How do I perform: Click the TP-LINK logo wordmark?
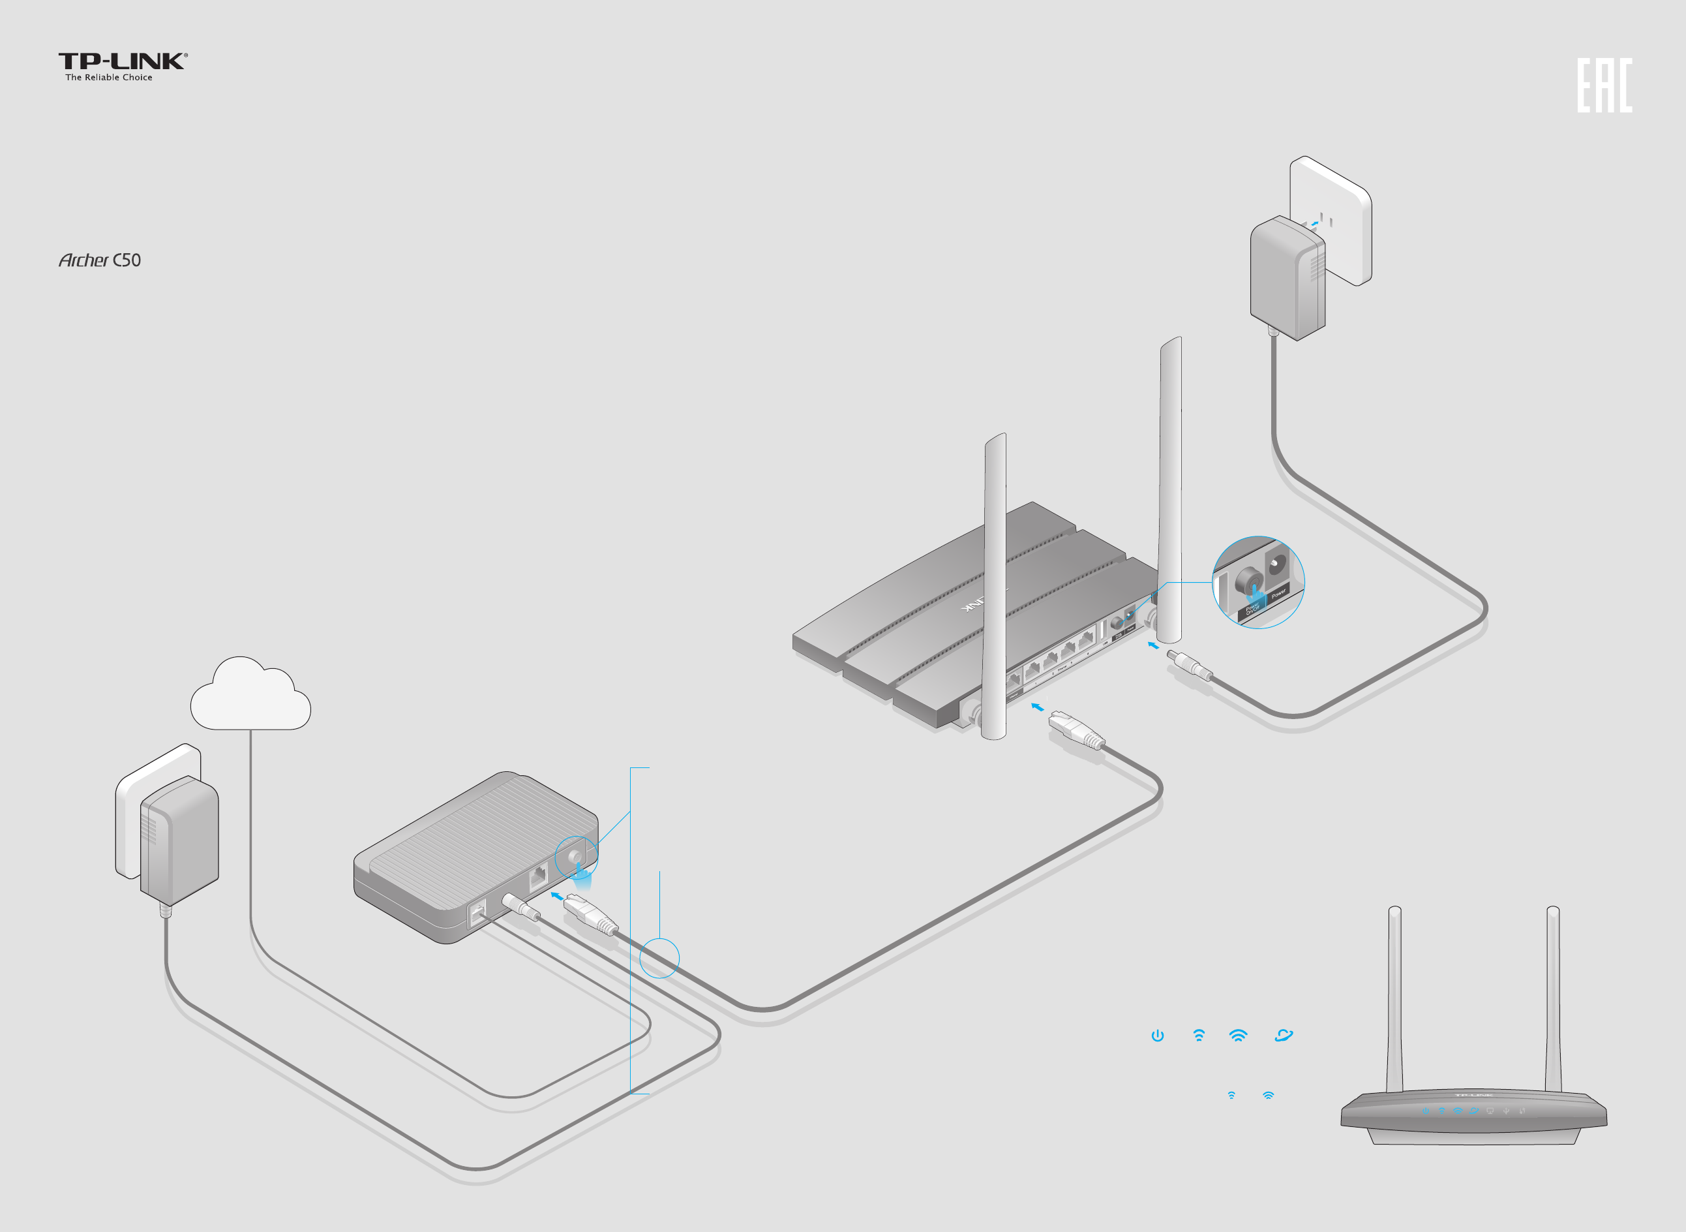click(x=122, y=61)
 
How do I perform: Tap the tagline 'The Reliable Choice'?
click(x=109, y=78)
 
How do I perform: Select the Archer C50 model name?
click(x=100, y=260)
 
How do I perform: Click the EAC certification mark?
click(x=1604, y=85)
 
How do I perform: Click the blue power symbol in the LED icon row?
click(x=1158, y=1035)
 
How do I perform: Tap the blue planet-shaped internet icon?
click(x=1284, y=1035)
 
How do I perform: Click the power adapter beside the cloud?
click(x=179, y=839)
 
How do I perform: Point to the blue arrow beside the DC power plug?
click(x=1153, y=645)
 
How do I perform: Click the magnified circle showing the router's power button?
click(x=1258, y=581)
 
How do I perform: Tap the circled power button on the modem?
click(x=575, y=857)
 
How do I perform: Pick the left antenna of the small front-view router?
click(x=1394, y=999)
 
